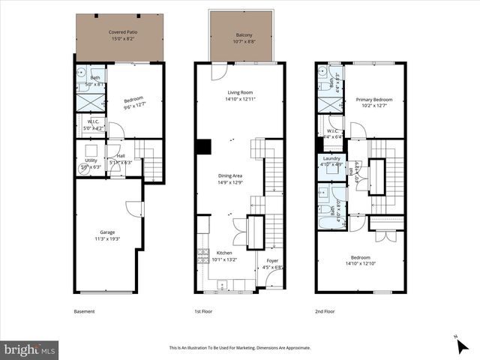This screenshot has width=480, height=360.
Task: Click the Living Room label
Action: pos(241,94)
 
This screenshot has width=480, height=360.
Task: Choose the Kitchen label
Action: pos(225,253)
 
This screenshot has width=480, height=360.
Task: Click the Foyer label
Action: pos(272,260)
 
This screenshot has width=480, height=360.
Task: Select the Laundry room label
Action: pos(331,159)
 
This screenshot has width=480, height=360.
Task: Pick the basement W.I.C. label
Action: pos(93,121)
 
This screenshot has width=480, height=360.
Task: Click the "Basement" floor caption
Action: pos(84,311)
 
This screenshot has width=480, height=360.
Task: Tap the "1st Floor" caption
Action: pos(205,311)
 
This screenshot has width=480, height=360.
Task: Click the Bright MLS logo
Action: pos(30,349)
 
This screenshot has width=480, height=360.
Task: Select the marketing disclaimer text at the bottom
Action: pos(239,348)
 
